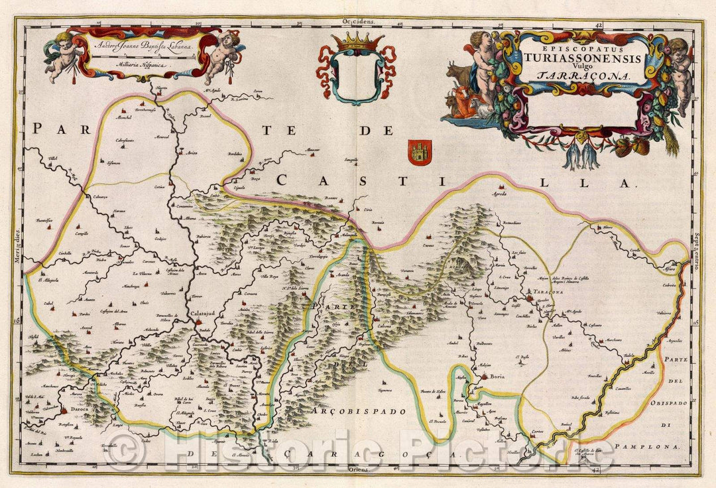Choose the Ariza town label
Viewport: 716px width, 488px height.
click(192, 153)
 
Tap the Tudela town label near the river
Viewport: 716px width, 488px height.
click(628, 357)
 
